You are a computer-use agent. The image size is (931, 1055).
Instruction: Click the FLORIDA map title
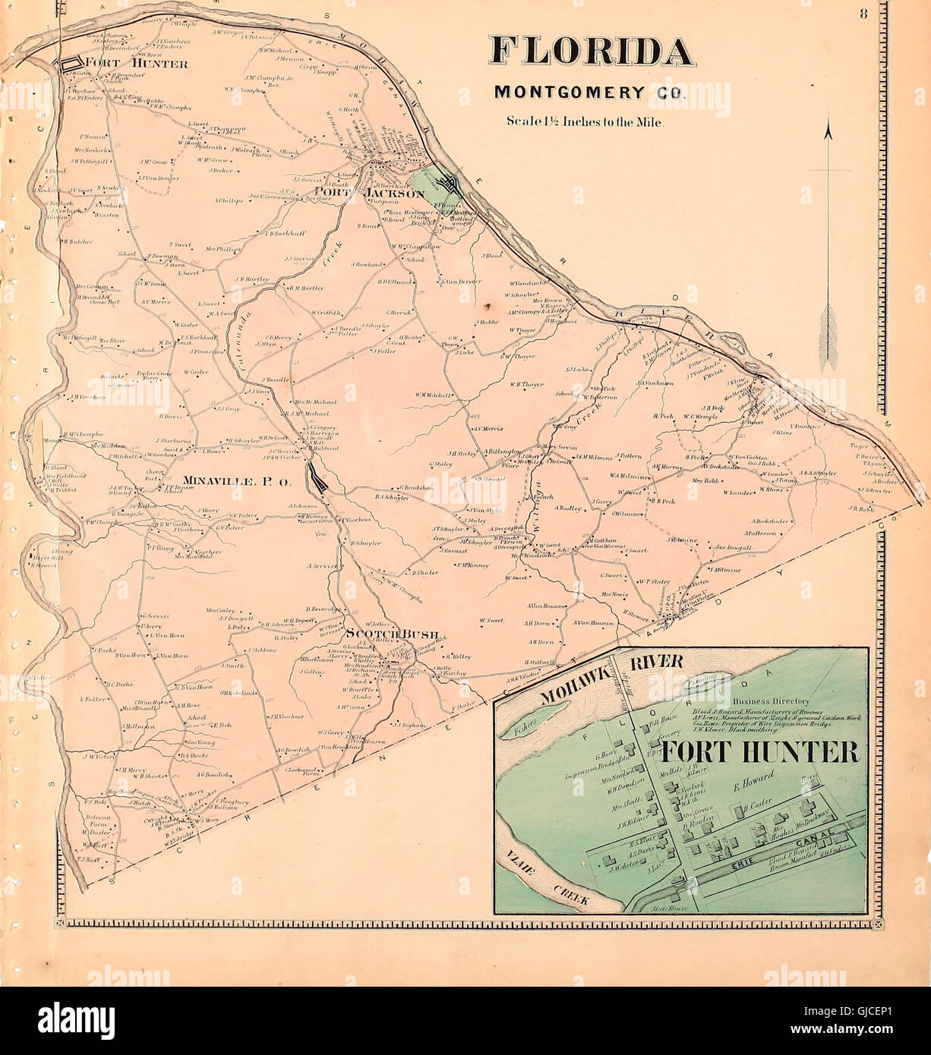592,51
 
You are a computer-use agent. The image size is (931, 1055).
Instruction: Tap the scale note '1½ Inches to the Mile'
585,121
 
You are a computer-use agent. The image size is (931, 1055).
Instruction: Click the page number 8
863,13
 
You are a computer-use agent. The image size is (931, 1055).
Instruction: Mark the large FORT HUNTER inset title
759,751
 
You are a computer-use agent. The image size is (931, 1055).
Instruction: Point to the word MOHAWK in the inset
566,687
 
